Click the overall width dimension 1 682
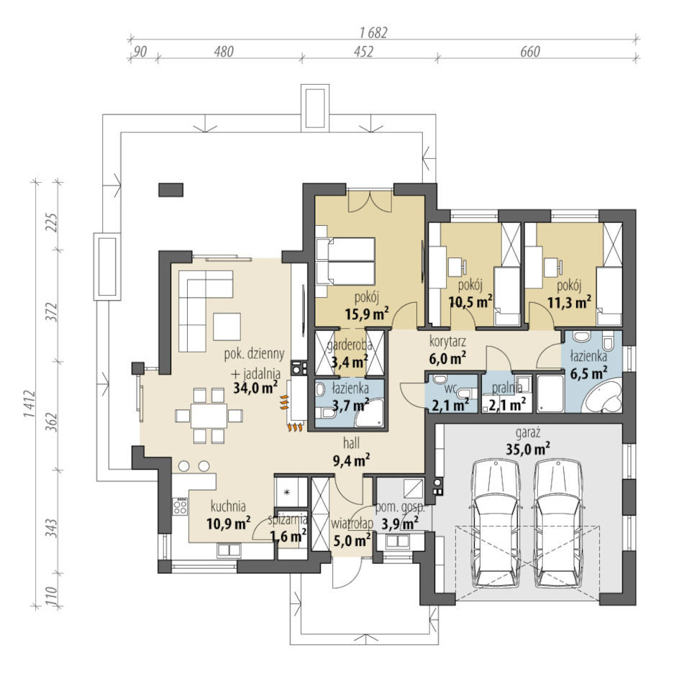pyautogui.click(x=373, y=32)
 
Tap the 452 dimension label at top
pyautogui.click(x=363, y=52)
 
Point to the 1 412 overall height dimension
pyautogui.click(x=29, y=404)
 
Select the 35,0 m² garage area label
pyautogui.click(x=528, y=448)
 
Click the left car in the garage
pyautogui.click(x=496, y=524)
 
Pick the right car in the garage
pyautogui.click(x=558, y=524)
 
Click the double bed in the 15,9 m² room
pyautogui.click(x=345, y=261)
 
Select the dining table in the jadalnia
pyautogui.click(x=209, y=416)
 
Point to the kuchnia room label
pyautogui.click(x=228, y=506)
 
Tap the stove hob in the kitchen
pyautogui.click(x=180, y=506)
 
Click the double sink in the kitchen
pyautogui.click(x=229, y=550)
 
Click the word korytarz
pyautogui.click(x=448, y=341)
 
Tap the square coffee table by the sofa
pyautogui.click(x=227, y=327)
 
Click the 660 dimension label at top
pyautogui.click(x=530, y=52)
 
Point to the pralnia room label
pyautogui.click(x=507, y=388)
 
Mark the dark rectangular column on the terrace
pyautogui.click(x=170, y=190)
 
